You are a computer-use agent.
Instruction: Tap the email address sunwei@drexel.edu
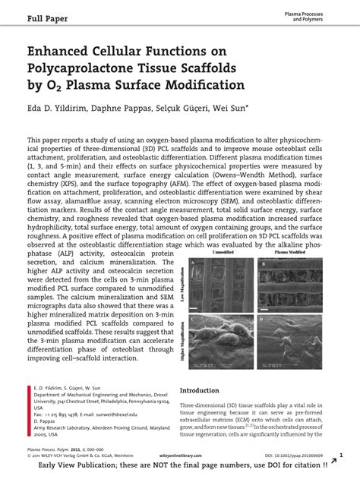click(114, 436)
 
